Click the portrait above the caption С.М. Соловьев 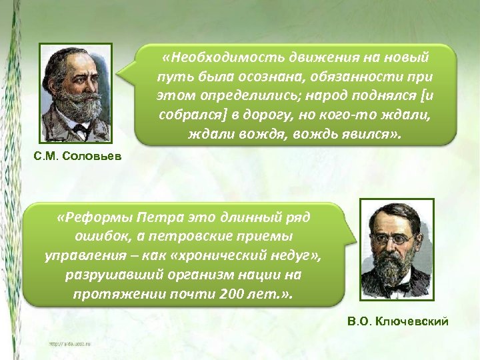click(x=75, y=93)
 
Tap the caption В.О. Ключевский click(x=398, y=322)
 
